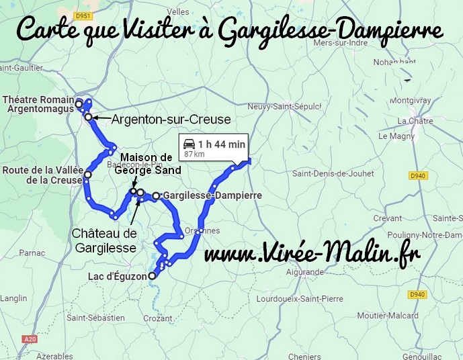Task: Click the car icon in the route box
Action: pyautogui.click(x=190, y=144)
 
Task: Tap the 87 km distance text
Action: pyautogui.click(x=194, y=155)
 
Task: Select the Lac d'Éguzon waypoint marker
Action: pyautogui.click(x=152, y=275)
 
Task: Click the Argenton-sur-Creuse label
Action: pyautogui.click(x=171, y=119)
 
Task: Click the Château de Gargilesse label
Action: pyautogui.click(x=103, y=240)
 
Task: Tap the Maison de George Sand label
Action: pyautogui.click(x=148, y=164)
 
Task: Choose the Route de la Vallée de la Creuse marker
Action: pyautogui.click(x=87, y=175)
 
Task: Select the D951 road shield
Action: pyautogui.click(x=83, y=15)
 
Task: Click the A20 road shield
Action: pyautogui.click(x=30, y=340)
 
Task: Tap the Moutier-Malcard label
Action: pyautogui.click(x=385, y=315)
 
